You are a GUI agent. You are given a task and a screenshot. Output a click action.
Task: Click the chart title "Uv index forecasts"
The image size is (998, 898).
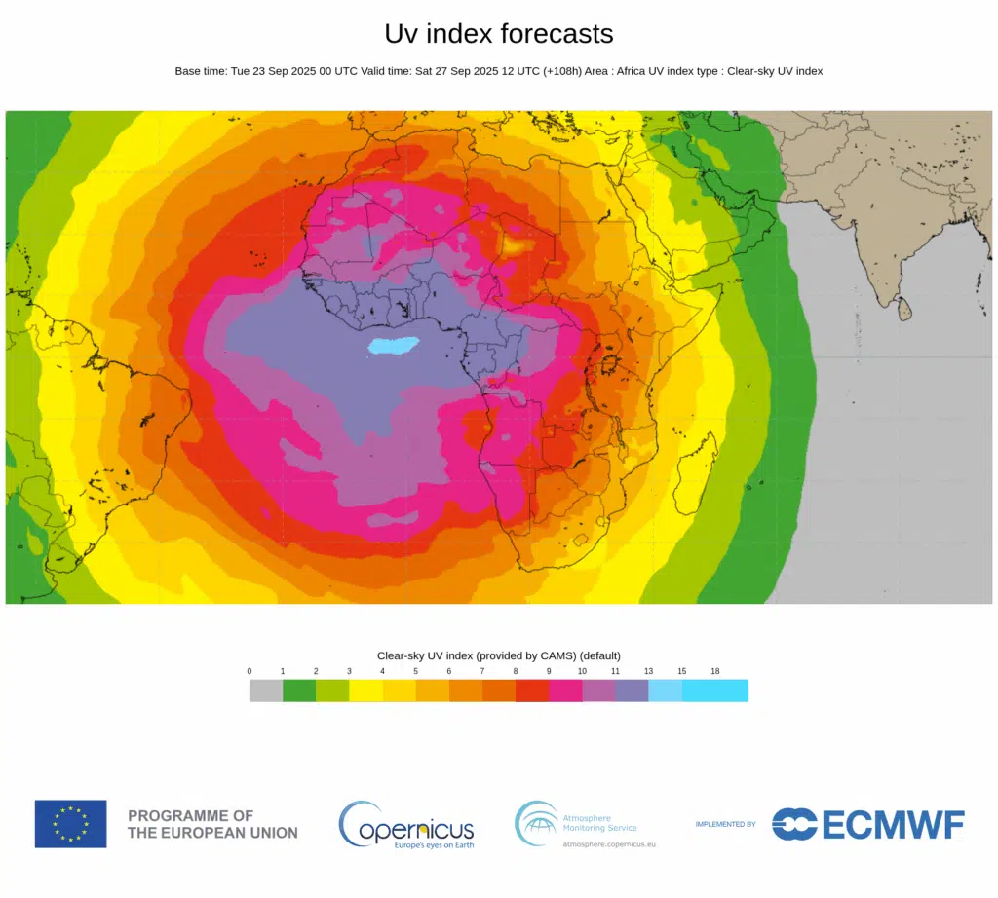coord(499,34)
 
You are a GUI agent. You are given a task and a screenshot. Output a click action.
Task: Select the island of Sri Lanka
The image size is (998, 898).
coord(905,310)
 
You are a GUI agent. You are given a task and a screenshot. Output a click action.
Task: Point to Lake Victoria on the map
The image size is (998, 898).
coord(611,366)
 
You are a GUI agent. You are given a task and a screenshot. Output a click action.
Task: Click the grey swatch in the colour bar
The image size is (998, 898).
coord(266,691)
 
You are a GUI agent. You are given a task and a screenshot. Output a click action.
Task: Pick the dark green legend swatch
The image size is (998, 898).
coord(299,691)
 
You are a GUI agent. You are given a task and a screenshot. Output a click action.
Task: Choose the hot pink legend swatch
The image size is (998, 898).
coord(565,691)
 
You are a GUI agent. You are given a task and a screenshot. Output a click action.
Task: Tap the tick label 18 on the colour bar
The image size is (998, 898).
coord(715,672)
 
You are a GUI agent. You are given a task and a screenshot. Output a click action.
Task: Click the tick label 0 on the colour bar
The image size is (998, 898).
coord(249,672)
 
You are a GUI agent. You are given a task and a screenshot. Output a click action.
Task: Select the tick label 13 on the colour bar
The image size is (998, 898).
coord(649,672)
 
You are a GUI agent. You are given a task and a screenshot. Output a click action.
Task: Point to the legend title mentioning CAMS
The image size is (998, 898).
coord(499,655)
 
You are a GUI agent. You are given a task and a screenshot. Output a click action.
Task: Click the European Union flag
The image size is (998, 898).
coord(71,824)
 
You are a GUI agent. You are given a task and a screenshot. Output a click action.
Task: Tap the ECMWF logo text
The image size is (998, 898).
coord(892,825)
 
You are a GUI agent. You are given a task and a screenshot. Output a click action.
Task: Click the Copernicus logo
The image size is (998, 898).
coord(406,825)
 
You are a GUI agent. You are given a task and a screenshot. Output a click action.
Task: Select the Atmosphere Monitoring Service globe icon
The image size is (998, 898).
coord(536,823)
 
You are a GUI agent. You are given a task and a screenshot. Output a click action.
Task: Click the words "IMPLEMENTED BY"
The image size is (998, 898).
coord(725,825)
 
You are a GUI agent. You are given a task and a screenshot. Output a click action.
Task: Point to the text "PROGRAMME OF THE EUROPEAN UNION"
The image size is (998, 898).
coord(212,824)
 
